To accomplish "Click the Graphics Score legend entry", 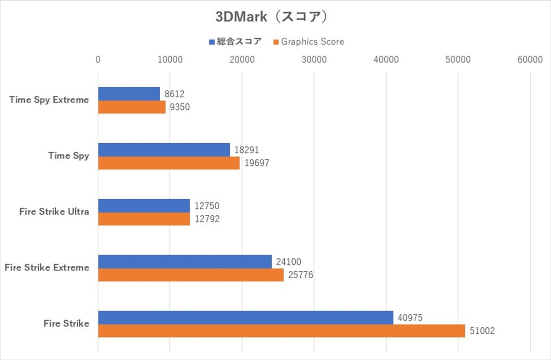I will (x=309, y=42).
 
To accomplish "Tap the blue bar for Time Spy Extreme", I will (x=129, y=94).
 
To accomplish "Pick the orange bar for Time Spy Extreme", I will (x=131, y=107).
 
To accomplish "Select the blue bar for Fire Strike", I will (x=245, y=317).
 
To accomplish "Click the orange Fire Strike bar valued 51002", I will (x=281, y=331).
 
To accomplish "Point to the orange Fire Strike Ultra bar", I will (x=144, y=219).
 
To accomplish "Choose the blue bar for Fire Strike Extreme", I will (x=185, y=261).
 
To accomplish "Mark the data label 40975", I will (x=410, y=317).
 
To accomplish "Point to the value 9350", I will (x=180, y=107).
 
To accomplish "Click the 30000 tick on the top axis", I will (x=314, y=60).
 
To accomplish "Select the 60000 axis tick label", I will (x=530, y=60).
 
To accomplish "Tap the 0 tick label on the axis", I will (x=98, y=60).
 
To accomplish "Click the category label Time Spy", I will (x=69, y=156).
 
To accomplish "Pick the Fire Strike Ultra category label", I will (x=54, y=212).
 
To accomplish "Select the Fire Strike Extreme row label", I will (x=47, y=268).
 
